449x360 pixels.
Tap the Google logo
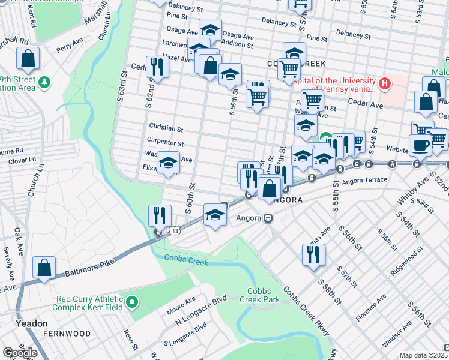click(20, 353)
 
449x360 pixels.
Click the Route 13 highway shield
click(174, 230)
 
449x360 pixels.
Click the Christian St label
click(166, 128)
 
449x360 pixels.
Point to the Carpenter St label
click(165, 143)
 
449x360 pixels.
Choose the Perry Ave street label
click(70, 44)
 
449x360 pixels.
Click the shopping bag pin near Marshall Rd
click(28, 58)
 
